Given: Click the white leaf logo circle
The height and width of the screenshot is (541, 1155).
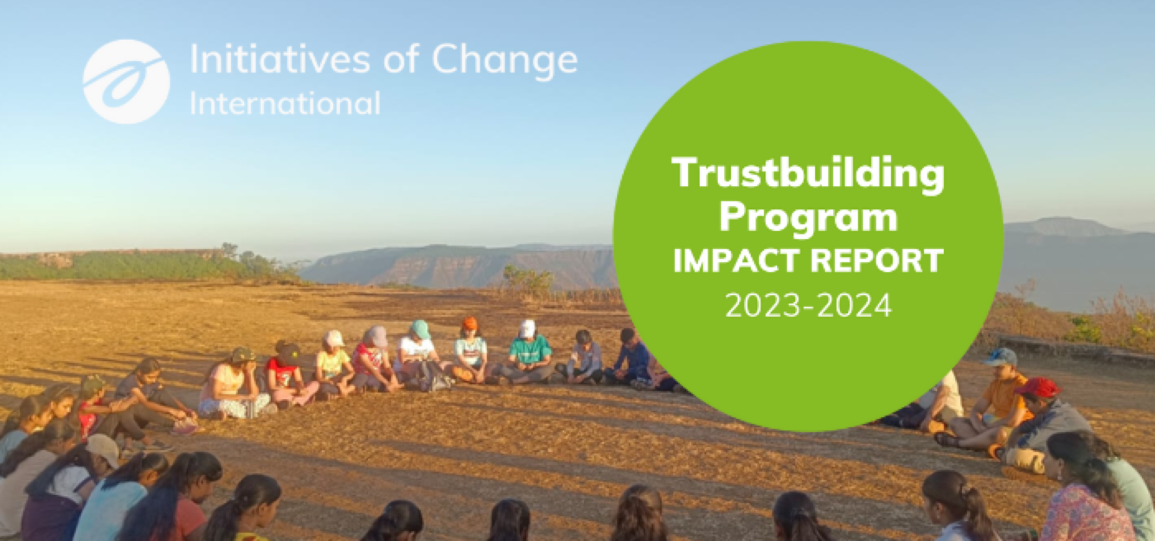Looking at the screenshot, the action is click(126, 82).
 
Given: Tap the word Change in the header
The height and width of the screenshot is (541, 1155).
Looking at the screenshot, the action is click(505, 61).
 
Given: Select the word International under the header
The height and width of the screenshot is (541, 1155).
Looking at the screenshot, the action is click(285, 103).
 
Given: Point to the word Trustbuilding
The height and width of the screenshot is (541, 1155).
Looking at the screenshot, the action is click(808, 175).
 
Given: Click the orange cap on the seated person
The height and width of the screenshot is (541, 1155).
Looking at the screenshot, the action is click(469, 324).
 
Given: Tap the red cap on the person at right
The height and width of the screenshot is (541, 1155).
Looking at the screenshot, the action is click(1038, 388).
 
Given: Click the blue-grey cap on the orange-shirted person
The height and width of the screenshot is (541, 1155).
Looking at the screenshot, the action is click(1000, 358).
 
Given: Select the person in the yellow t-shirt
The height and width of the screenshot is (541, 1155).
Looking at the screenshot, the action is click(333, 365).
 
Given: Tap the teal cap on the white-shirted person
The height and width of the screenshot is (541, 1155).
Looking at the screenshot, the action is click(420, 329).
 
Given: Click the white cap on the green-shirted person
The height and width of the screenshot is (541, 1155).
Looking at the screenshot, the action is click(527, 329).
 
